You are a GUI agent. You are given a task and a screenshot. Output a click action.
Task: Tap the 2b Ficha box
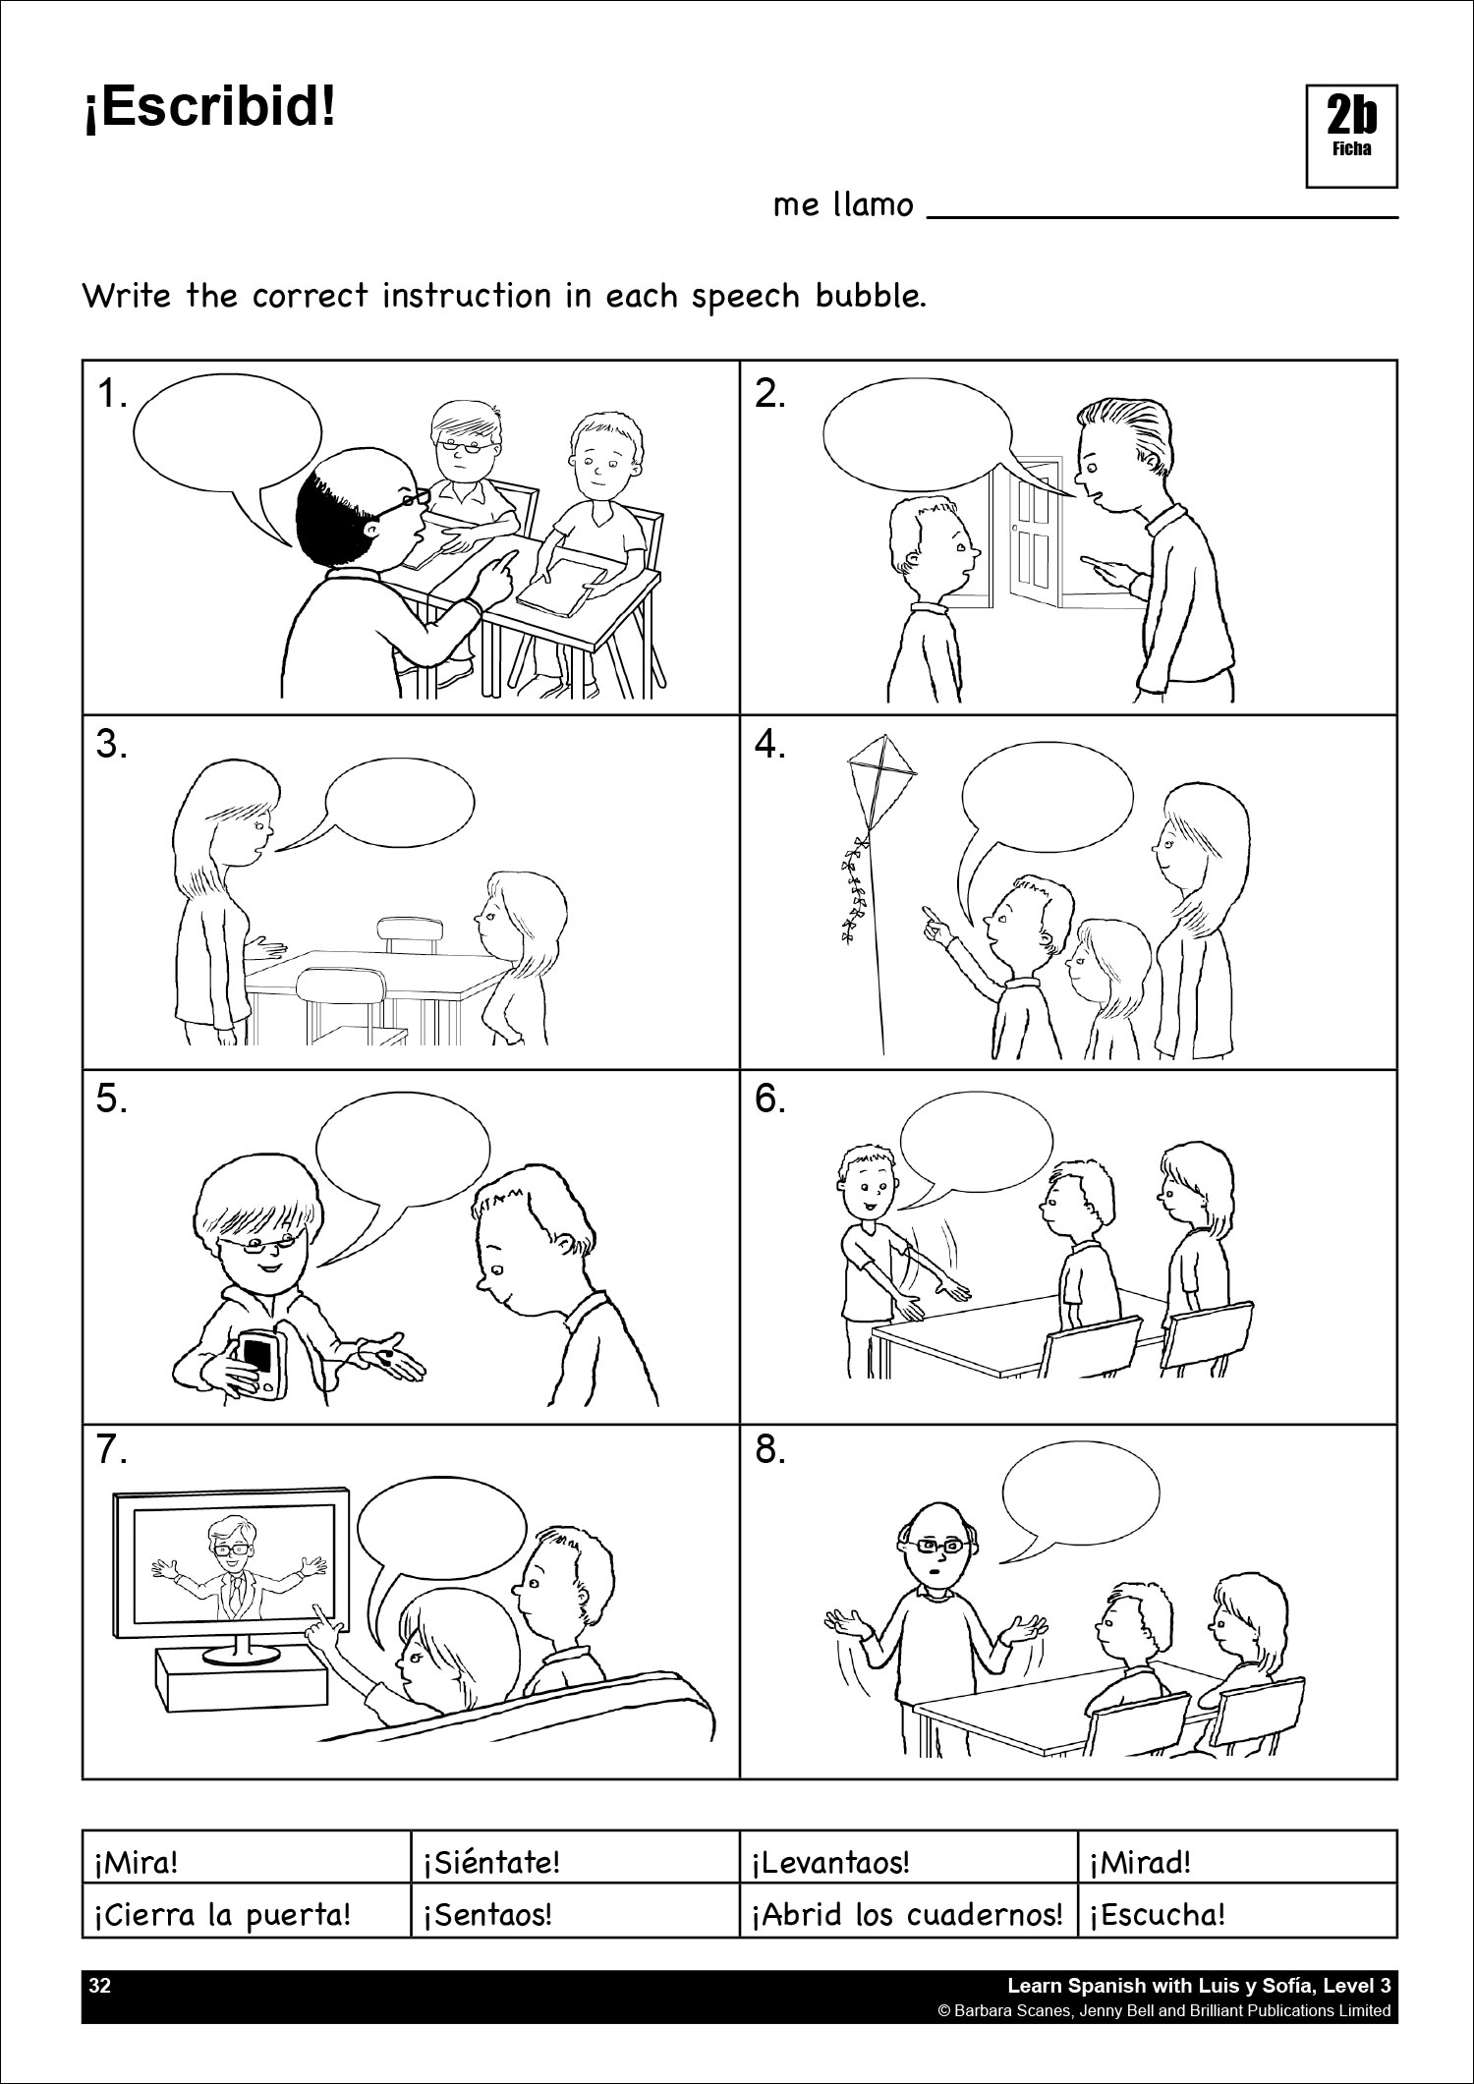point(1351,136)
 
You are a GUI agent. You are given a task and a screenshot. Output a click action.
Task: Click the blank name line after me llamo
point(1162,216)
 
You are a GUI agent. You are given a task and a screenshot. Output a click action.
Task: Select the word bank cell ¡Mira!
point(247,1857)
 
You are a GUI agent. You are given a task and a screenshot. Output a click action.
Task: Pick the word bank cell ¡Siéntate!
point(575,1857)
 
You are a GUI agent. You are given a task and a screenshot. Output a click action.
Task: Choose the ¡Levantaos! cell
point(909,1857)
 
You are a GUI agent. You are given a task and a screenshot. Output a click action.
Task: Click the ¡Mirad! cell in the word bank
point(1238,1857)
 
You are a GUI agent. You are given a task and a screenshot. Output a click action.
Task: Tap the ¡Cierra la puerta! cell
point(247,1910)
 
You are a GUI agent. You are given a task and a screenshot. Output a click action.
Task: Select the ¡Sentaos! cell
point(575,1910)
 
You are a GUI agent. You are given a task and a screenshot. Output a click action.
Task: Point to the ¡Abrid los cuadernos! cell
point(909,1910)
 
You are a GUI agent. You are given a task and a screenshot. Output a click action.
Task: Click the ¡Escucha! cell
point(1238,1910)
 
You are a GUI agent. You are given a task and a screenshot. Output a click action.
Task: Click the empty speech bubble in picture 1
point(228,432)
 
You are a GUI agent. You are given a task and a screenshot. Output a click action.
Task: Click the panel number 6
point(771,1099)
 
